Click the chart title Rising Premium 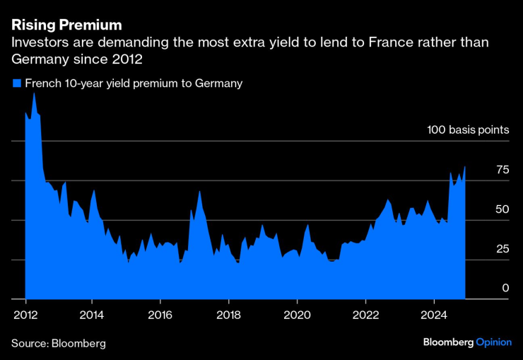66,25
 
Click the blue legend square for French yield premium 16,83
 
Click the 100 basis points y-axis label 467,130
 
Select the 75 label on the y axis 503,170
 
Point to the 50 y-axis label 503,209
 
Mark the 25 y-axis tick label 503,249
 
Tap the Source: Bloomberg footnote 58,343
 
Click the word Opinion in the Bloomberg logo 493,342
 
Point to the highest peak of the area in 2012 34,93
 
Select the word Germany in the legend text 216,83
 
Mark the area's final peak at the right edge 464,167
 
